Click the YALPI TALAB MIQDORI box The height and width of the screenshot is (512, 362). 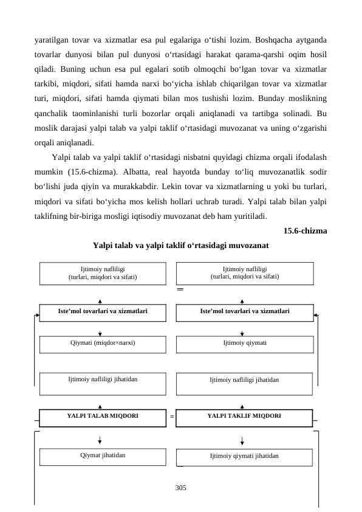102,417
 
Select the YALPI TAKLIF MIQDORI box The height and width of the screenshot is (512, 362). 244,417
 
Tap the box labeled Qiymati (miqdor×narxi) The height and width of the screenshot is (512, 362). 102,344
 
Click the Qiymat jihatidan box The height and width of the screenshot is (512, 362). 102,455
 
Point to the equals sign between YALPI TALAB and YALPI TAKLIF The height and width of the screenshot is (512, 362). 172,418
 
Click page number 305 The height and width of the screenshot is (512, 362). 180,488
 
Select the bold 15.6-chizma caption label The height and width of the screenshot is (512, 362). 306,231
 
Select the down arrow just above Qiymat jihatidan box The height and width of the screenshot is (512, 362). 100,440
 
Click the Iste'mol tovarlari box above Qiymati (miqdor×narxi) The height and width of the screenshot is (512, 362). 102,311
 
